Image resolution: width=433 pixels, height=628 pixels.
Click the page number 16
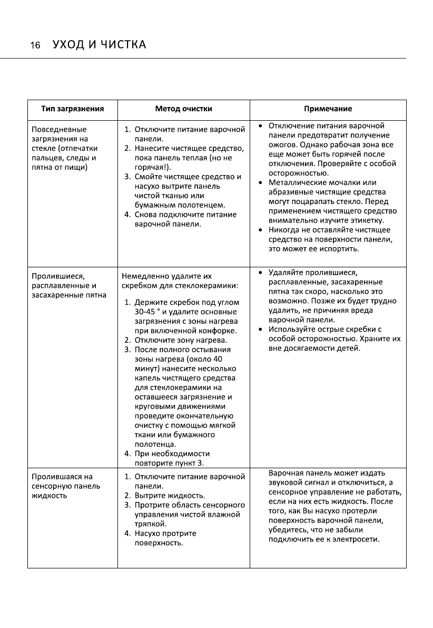click(35, 45)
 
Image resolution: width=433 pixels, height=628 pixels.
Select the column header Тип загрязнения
click(72, 109)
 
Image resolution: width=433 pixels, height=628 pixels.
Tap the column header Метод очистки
click(183, 109)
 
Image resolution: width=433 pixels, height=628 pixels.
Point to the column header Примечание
click(328, 109)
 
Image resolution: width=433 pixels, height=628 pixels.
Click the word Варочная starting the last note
click(284, 473)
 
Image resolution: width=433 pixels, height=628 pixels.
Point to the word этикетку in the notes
click(368, 220)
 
